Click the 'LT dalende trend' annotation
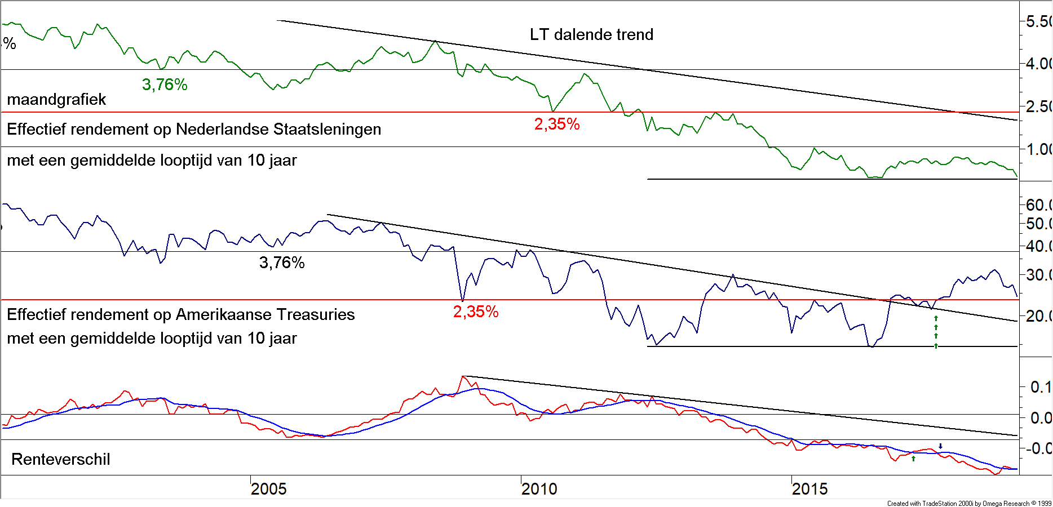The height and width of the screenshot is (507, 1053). click(x=591, y=35)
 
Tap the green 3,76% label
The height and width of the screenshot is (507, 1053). click(x=165, y=85)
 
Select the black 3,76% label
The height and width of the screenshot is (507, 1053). click(x=282, y=263)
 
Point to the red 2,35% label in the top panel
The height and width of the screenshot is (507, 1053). click(x=557, y=124)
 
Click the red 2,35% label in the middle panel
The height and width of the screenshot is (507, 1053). click(x=476, y=312)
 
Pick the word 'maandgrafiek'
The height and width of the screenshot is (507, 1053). click(x=56, y=100)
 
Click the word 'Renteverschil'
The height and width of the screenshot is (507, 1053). click(x=61, y=460)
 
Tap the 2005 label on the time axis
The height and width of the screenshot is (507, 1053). click(x=269, y=489)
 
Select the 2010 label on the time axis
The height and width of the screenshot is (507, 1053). click(x=539, y=489)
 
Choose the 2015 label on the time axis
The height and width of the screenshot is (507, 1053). click(x=810, y=489)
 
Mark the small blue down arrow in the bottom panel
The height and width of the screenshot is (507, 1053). click(x=940, y=446)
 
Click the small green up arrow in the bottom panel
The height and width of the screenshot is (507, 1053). click(x=913, y=459)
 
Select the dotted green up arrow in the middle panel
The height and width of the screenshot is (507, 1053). click(x=936, y=332)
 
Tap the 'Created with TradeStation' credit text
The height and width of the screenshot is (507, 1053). click(x=968, y=504)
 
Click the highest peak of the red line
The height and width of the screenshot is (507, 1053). click(x=463, y=376)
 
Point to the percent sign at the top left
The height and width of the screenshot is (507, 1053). click(x=10, y=44)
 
